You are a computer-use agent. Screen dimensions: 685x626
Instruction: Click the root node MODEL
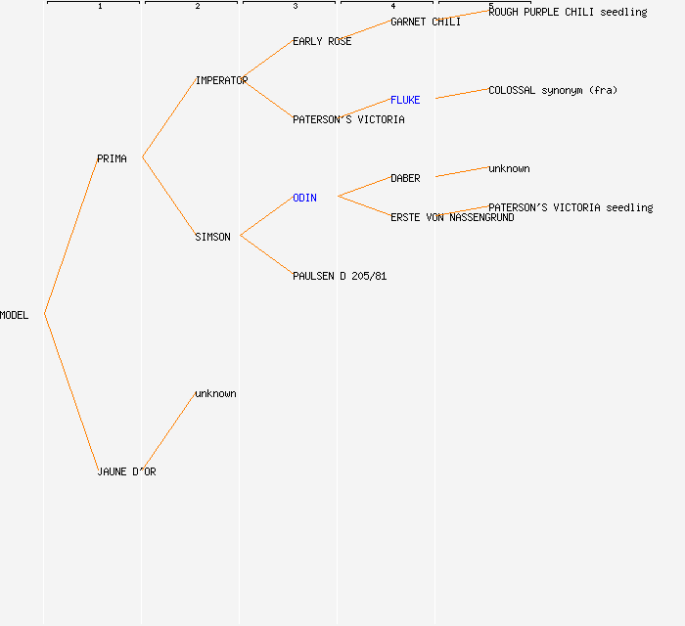click(x=14, y=315)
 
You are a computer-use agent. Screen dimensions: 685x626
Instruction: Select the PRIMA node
click(x=112, y=158)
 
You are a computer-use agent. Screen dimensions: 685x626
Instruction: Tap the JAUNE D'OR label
click(x=126, y=471)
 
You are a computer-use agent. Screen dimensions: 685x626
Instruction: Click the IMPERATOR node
click(x=221, y=80)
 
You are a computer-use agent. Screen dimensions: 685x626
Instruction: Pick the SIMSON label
click(x=212, y=237)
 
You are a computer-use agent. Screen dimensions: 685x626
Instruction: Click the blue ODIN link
click(x=305, y=198)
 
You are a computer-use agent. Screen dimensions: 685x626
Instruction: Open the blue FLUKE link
click(x=405, y=100)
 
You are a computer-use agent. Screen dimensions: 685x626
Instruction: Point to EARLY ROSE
click(x=322, y=41)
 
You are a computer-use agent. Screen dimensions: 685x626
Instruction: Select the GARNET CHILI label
click(x=426, y=22)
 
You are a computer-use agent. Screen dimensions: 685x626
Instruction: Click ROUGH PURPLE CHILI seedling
click(x=568, y=12)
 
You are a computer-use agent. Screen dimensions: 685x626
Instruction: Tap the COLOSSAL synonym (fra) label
click(x=553, y=90)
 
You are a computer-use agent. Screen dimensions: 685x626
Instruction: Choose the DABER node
click(x=405, y=178)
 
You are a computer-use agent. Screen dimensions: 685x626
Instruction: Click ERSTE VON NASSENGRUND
click(x=452, y=217)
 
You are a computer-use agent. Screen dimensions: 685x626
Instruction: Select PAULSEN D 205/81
click(x=340, y=276)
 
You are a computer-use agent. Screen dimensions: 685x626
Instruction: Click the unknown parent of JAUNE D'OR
click(x=216, y=393)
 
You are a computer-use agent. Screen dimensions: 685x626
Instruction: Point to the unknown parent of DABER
click(x=510, y=168)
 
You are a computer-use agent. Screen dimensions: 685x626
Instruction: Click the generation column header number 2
click(x=198, y=6)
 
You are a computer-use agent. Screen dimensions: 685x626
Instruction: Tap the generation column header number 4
click(x=393, y=6)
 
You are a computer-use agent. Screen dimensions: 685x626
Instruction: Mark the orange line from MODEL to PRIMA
click(x=71, y=236)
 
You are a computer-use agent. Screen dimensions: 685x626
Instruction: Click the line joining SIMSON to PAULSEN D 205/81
click(x=266, y=255)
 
